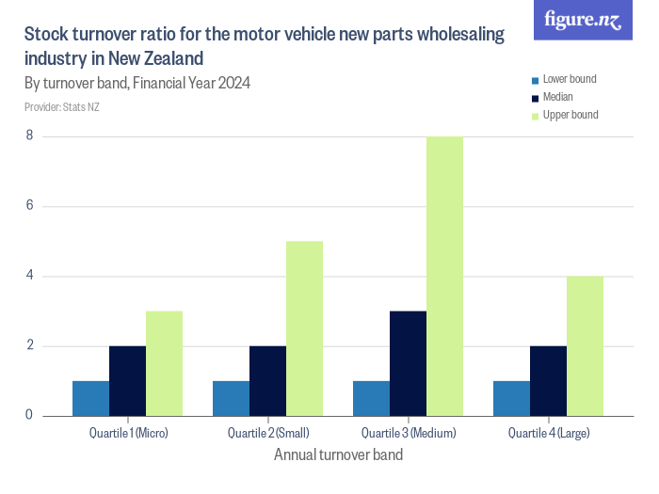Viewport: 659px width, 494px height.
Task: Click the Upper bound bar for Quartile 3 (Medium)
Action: (x=444, y=276)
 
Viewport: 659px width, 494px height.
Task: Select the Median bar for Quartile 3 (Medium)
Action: (x=408, y=363)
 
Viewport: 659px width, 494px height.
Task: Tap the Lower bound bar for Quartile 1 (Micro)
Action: (x=90, y=398)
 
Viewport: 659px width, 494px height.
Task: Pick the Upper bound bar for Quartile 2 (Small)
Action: (x=304, y=328)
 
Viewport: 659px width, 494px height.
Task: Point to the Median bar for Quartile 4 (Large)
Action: (x=548, y=380)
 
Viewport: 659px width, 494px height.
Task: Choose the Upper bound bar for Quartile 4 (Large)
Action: (x=585, y=345)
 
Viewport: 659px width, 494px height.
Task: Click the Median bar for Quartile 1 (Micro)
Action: (x=127, y=380)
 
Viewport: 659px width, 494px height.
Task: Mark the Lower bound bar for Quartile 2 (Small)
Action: (x=231, y=398)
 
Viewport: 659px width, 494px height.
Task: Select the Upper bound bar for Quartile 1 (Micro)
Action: (x=164, y=363)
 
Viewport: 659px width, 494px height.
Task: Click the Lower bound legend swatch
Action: (x=535, y=80)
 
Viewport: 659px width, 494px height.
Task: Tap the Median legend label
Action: (x=558, y=97)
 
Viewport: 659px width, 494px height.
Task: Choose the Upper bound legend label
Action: (x=571, y=115)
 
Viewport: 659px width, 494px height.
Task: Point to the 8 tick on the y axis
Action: (x=29, y=136)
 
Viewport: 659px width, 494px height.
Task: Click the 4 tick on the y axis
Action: (x=29, y=276)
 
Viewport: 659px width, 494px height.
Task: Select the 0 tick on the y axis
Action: (x=29, y=415)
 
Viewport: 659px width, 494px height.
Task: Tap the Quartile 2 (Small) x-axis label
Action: (x=268, y=433)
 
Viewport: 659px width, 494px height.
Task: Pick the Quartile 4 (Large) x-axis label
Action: (x=549, y=433)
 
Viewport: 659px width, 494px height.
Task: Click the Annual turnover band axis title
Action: (x=338, y=455)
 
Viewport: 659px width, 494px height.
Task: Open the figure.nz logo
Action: (x=583, y=20)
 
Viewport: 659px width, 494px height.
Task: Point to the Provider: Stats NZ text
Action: (x=62, y=107)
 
